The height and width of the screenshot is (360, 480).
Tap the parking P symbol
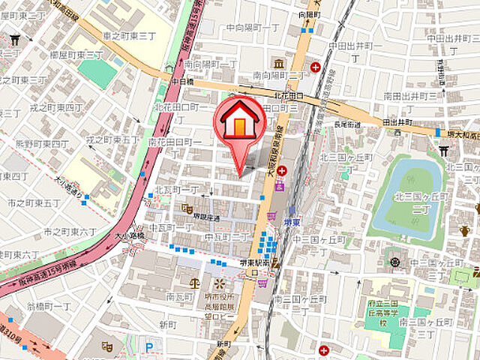pyautogui.click(x=150, y=347)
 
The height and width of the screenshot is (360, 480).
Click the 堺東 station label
pyautogui.click(x=292, y=223)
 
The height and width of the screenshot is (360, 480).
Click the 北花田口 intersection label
pyautogui.click(x=289, y=96)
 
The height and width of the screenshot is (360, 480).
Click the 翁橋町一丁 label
pyautogui.click(x=49, y=307)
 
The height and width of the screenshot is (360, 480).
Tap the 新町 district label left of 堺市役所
pyautogui.click(x=168, y=323)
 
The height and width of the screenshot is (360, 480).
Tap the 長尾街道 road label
pyautogui.click(x=348, y=124)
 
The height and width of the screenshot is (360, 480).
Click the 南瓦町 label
pyautogui.click(x=181, y=297)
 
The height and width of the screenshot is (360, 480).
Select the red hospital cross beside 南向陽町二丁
pyautogui.click(x=315, y=67)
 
